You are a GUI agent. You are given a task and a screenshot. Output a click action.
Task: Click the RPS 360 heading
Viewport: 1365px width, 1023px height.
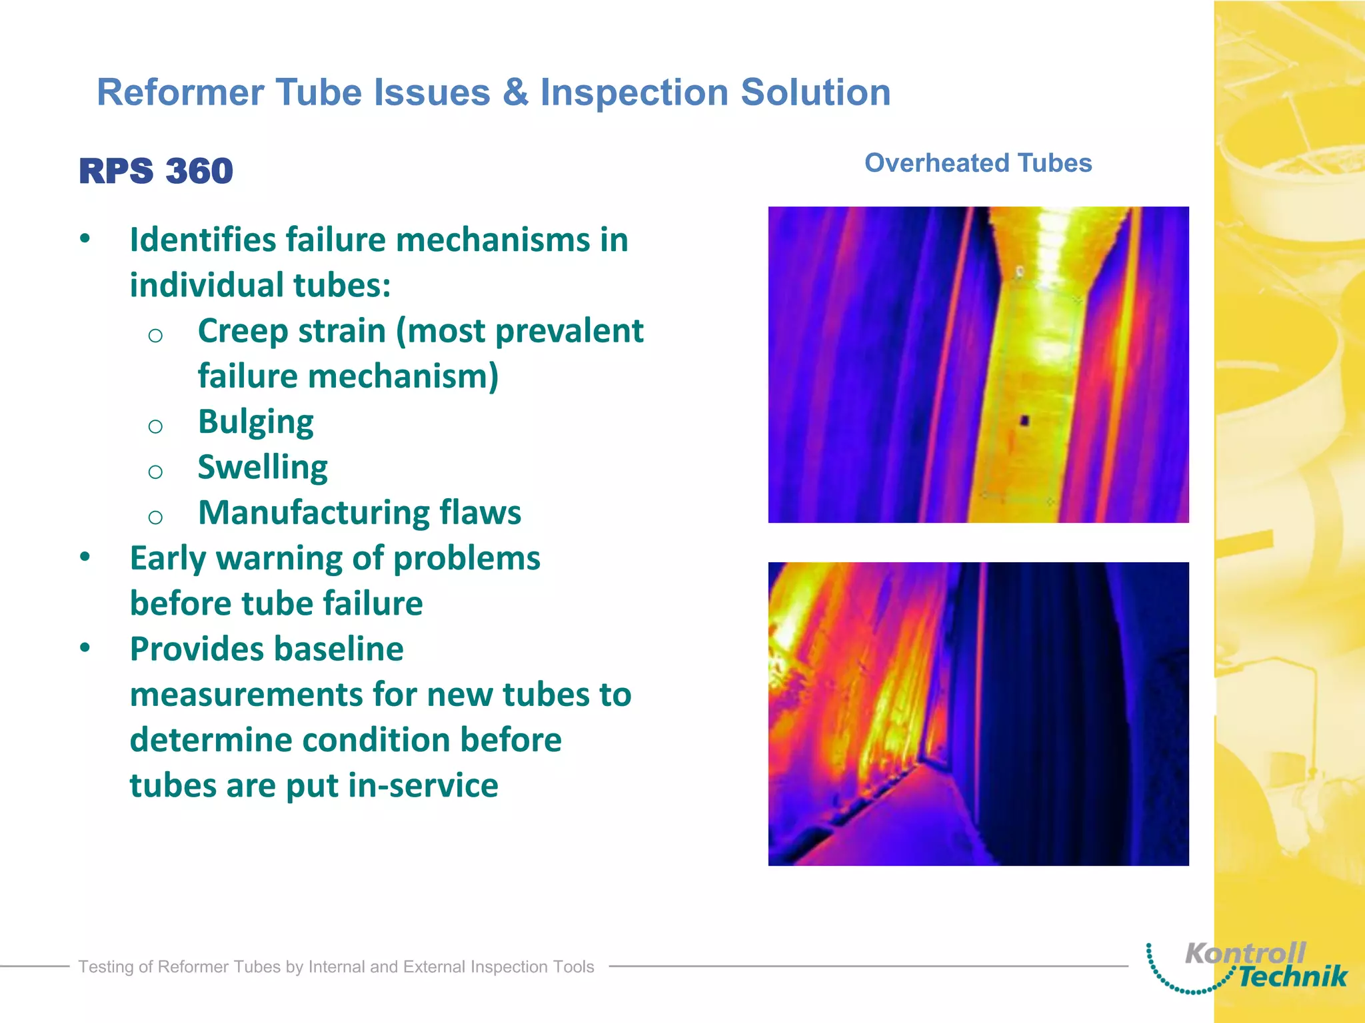pyautogui.click(x=156, y=171)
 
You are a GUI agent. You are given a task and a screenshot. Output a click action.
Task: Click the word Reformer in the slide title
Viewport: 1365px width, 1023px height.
pyautogui.click(x=180, y=92)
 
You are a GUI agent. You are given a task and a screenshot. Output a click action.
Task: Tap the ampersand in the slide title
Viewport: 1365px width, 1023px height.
pyautogui.click(x=515, y=92)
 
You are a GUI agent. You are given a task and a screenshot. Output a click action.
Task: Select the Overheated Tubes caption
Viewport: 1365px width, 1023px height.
pyautogui.click(x=978, y=163)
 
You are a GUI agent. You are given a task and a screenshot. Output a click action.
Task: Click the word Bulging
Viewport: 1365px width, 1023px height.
pyautogui.click(x=256, y=422)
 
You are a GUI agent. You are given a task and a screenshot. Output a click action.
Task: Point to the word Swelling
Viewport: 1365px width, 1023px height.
pyautogui.click(x=263, y=468)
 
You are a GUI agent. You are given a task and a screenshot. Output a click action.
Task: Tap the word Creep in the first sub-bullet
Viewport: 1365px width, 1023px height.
pyautogui.click(x=235, y=331)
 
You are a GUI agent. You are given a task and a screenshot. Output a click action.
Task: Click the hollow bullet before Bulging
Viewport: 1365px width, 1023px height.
pyautogui.click(x=155, y=426)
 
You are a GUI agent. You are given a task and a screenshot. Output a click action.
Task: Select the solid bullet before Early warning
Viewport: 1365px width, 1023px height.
pyautogui.click(x=85, y=556)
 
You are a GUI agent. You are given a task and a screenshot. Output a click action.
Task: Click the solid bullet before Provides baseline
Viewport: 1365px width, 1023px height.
pyautogui.click(x=85, y=647)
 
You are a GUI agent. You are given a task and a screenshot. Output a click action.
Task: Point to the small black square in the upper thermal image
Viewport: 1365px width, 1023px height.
pyautogui.click(x=1025, y=420)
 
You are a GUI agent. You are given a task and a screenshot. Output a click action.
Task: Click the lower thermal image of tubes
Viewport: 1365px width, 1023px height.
pyautogui.click(x=978, y=713)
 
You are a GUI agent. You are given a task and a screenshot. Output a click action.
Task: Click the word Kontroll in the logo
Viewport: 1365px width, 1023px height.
pyautogui.click(x=1244, y=954)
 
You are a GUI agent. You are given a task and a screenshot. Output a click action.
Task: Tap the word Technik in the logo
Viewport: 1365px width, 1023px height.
pyautogui.click(x=1293, y=977)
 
